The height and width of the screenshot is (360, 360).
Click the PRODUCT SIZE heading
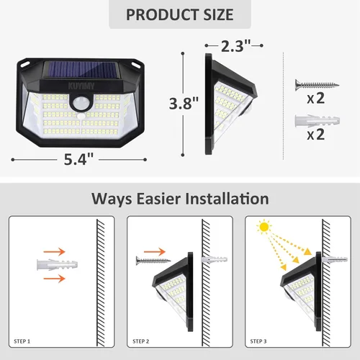click(x=180, y=14)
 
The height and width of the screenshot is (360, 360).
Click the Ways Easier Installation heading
click(x=180, y=198)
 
